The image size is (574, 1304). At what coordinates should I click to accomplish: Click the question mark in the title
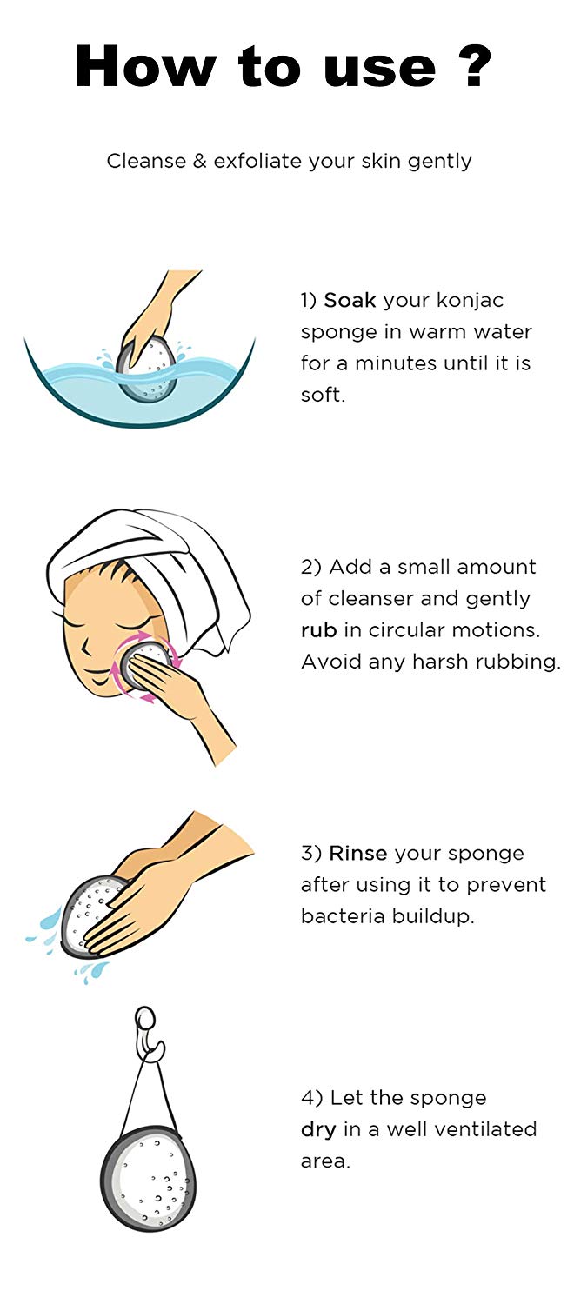pos(477,66)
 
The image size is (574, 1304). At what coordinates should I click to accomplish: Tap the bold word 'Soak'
pos(350,301)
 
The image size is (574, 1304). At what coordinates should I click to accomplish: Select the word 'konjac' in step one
pos(470,302)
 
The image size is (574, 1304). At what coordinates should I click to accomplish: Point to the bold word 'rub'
pos(319,630)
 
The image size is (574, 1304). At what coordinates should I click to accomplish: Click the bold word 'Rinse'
pos(358,854)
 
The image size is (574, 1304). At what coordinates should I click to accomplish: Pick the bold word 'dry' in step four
pos(318,1130)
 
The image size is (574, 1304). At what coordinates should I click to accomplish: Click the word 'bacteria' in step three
pos(343,916)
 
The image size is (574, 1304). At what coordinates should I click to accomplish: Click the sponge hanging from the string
pos(149,1179)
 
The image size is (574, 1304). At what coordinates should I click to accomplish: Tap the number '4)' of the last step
pos(312,1099)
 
